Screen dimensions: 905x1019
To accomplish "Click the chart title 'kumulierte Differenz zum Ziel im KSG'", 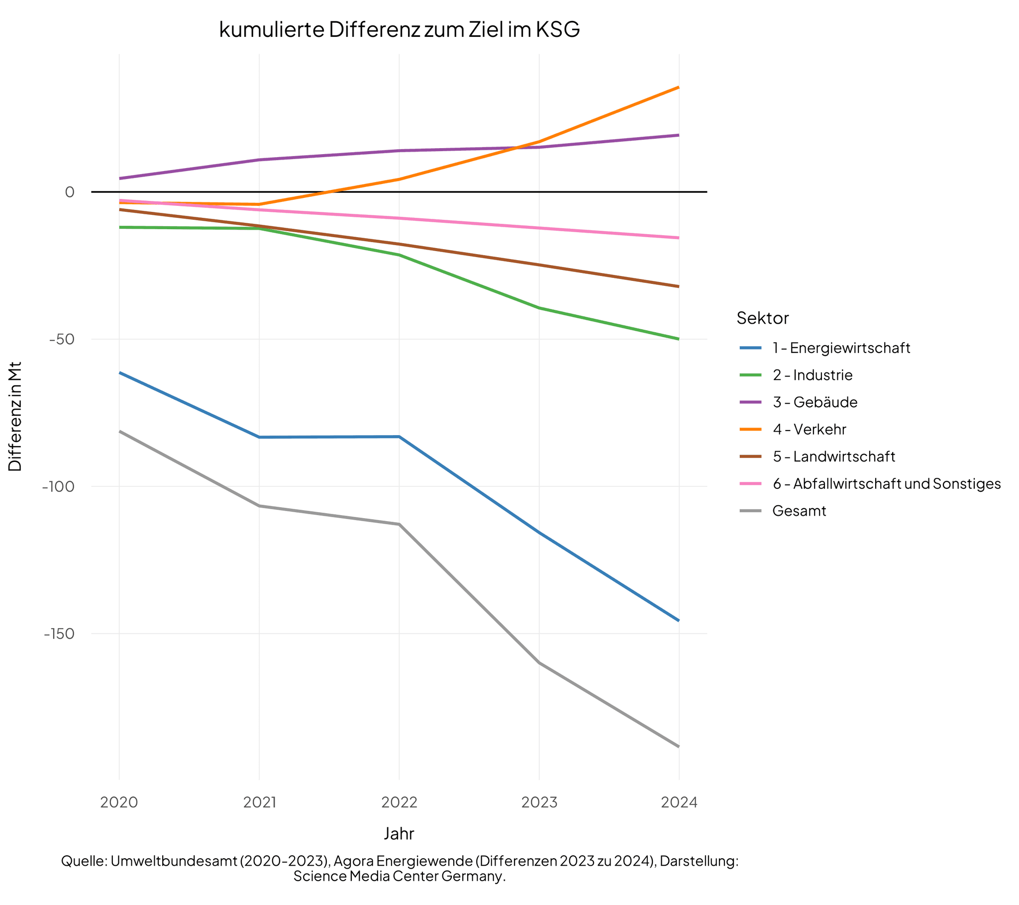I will [x=400, y=29].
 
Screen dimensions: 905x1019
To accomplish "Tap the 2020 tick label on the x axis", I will [x=118, y=802].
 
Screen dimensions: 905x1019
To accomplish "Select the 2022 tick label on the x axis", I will [x=399, y=802].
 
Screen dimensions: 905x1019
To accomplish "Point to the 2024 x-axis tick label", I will [x=679, y=802].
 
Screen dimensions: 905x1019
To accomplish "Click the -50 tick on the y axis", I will [x=61, y=339].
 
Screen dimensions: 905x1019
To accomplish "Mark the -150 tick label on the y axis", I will [x=59, y=633].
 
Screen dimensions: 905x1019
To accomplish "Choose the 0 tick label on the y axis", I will [x=69, y=192].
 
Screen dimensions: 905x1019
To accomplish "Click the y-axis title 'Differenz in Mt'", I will [x=15, y=416].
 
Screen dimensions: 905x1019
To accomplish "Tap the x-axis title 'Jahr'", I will [x=399, y=833].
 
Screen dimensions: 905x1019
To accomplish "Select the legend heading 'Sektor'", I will [x=762, y=318].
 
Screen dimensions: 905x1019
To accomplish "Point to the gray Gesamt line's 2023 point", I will [x=539, y=663].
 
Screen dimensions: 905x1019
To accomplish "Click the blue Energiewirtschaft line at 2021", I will [x=259, y=437].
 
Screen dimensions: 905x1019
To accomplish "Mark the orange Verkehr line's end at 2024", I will [x=678, y=87].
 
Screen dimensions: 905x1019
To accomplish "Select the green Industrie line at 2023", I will [x=539, y=308].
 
